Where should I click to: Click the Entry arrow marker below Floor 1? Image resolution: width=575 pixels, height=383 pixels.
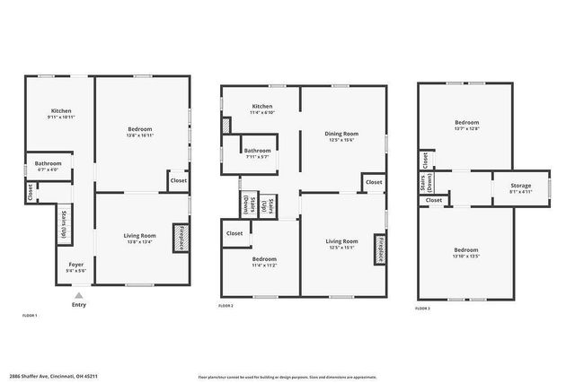[x=79, y=295]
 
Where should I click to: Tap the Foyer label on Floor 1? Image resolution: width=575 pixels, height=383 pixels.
[x=76, y=265]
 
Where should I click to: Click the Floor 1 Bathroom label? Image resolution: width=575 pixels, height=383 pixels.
[x=49, y=163]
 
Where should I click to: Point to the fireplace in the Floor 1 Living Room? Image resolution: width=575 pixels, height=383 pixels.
[x=179, y=226]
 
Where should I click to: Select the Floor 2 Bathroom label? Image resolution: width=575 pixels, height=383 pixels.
[x=257, y=151]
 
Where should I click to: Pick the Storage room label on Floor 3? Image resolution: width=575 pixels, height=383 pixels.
[x=521, y=186]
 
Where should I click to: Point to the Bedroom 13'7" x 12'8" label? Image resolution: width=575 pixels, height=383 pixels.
[x=466, y=123]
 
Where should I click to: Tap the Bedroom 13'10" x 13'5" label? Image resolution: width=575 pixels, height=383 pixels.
[x=466, y=249]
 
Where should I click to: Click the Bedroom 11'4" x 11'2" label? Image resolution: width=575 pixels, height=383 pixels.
[x=263, y=259]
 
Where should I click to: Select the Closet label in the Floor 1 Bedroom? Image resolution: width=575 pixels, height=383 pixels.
[x=178, y=180]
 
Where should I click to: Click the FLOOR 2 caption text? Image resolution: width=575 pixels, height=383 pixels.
[x=226, y=307]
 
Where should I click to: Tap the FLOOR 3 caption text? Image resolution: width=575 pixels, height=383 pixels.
[x=422, y=308]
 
